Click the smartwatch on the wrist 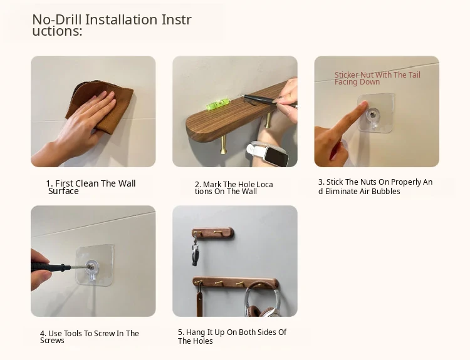[269, 153]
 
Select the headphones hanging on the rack [263, 299]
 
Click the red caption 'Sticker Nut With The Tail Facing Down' [377, 78]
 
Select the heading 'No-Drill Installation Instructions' [112, 25]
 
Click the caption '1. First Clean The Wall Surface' [91, 187]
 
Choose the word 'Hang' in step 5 [194, 332]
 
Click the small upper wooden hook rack [213, 233]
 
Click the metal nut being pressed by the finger [373, 115]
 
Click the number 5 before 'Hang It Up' [180, 332]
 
